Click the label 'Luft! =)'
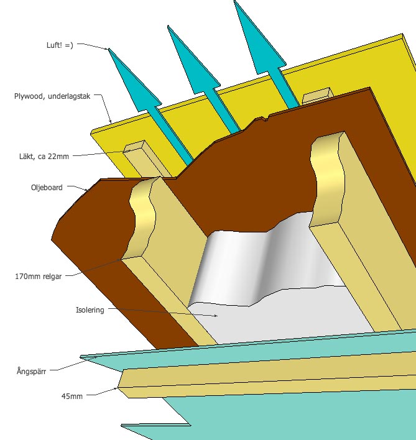tap(60, 45)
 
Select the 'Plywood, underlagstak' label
tap(52, 96)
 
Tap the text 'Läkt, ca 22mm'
tap(44, 157)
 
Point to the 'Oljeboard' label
tap(47, 188)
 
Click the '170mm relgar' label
tap(38, 277)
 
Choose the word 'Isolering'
tap(90, 309)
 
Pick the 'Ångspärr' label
tap(31, 371)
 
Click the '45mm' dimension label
tap(72, 396)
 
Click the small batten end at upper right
tap(317, 95)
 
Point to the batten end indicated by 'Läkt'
tap(135, 147)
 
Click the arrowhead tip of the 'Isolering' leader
tap(217, 316)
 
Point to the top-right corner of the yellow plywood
tap(402, 34)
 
